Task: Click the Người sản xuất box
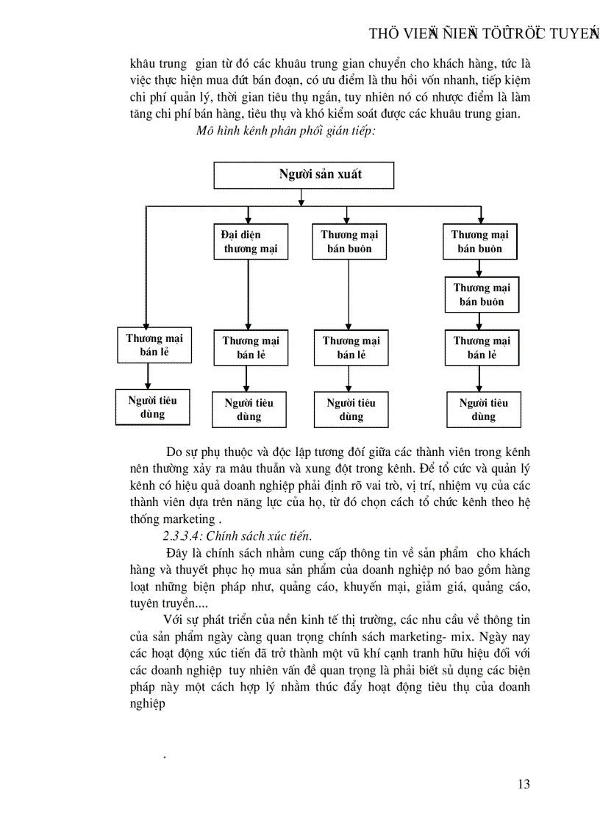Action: point(304,175)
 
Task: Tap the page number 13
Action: point(524,783)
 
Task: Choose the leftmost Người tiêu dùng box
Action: point(152,407)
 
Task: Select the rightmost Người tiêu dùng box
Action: point(483,410)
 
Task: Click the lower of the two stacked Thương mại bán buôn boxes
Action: point(481,294)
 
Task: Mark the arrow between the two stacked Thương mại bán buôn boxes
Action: point(480,268)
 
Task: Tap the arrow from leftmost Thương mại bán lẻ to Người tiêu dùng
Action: point(149,376)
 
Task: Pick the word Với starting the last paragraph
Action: point(176,620)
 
